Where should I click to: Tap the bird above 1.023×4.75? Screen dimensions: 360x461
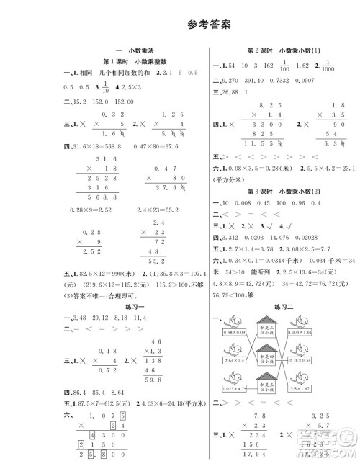[x=234, y=382]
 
